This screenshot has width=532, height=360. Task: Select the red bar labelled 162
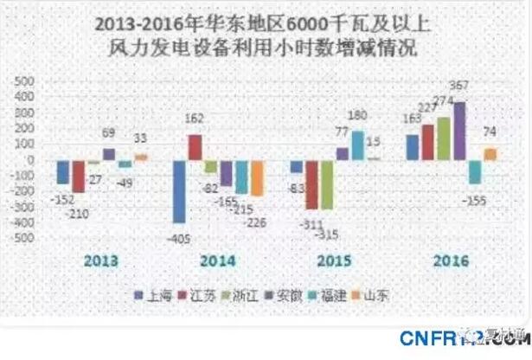(195, 147)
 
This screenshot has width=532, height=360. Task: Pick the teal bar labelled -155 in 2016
(475, 171)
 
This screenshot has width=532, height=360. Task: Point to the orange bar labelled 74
(490, 154)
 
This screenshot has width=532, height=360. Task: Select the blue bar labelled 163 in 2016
(411, 147)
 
